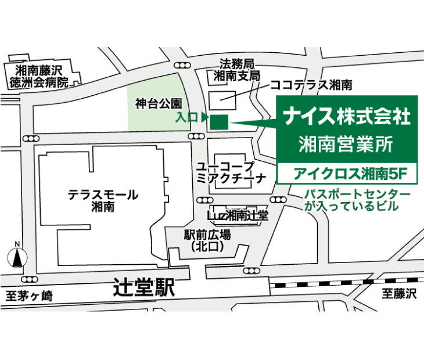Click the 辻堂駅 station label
pos(144,287)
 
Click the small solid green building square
pos(219,122)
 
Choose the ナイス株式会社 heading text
pos(347,116)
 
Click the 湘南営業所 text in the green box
pos(347,143)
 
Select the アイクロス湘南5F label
pos(347,172)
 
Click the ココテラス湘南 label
pos(311,85)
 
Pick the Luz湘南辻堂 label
pos(238,215)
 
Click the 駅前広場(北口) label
pos(207,240)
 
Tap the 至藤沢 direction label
pos(399,294)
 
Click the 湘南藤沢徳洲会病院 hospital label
pos(39,76)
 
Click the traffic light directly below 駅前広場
pos(251,271)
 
